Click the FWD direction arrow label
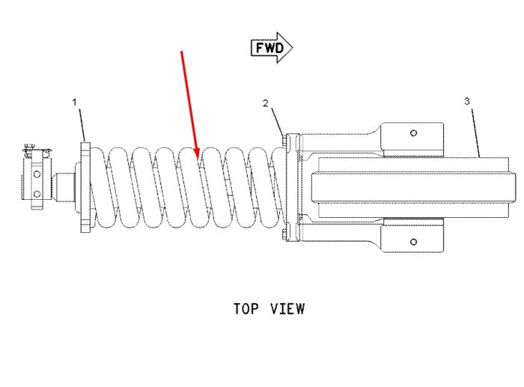tap(272, 48)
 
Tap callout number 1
tap(75, 103)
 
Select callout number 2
tap(265, 103)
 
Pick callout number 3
tap(467, 101)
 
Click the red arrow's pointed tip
tap(198, 158)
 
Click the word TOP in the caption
tap(246, 308)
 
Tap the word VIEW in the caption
tap(287, 308)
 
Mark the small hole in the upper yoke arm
tap(413, 133)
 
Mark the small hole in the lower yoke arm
tap(413, 242)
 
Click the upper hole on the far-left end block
tap(37, 174)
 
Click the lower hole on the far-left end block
tap(37, 194)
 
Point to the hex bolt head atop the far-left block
tap(29, 146)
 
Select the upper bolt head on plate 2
tap(284, 140)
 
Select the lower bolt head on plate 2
tap(284, 234)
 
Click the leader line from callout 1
tap(82, 125)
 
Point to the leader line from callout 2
tap(277, 121)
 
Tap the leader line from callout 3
tap(475, 132)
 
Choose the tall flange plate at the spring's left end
tap(86, 187)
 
